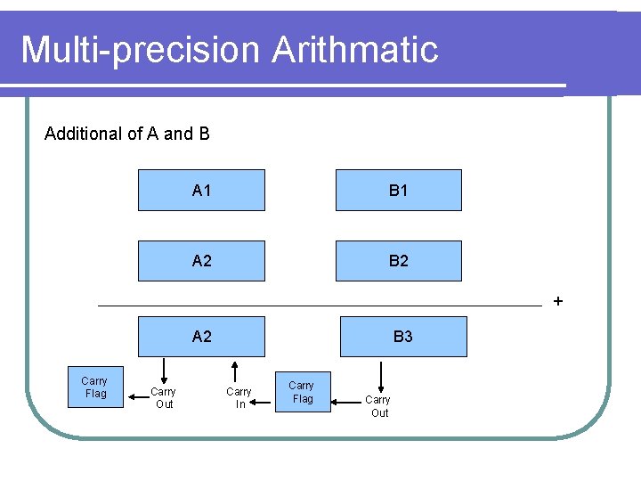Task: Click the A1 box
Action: (x=201, y=190)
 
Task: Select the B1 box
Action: (x=398, y=190)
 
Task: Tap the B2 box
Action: (x=398, y=261)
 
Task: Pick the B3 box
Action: (x=402, y=337)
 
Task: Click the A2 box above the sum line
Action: (x=201, y=261)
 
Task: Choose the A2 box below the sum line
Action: (x=201, y=337)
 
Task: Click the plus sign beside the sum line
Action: (x=558, y=301)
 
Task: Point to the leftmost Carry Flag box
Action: (x=95, y=387)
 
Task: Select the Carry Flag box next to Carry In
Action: (x=303, y=393)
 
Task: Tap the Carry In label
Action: (x=239, y=398)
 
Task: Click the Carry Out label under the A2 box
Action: (x=163, y=398)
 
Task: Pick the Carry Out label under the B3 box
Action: (x=379, y=406)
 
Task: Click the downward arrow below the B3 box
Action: (x=381, y=374)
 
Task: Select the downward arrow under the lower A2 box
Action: (x=163, y=370)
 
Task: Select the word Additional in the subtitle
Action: (x=84, y=134)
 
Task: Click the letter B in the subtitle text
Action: (x=204, y=134)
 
